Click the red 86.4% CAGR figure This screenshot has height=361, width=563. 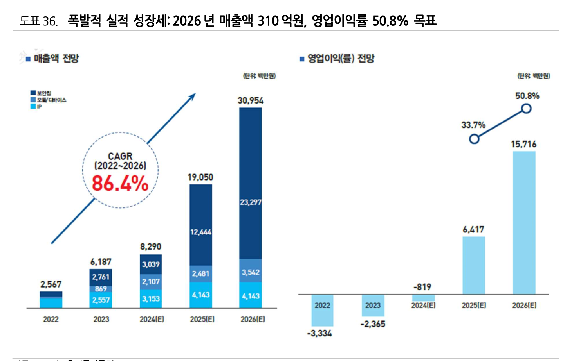point(120,183)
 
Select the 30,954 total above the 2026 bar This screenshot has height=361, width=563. point(251,100)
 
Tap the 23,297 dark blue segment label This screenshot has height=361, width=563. point(251,202)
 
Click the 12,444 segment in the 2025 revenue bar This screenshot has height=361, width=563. point(201,232)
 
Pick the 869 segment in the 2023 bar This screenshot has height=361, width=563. point(101,289)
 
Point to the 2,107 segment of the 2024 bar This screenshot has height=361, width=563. point(151,282)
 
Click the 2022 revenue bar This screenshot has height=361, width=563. point(51,300)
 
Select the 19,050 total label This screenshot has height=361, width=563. point(200,177)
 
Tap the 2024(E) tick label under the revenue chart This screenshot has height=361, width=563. point(152,319)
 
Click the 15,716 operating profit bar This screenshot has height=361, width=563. point(524,223)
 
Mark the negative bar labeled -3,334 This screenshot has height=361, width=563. point(322,310)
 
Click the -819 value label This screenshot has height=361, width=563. point(422,287)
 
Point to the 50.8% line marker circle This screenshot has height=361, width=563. point(526,108)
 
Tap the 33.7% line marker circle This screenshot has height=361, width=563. point(474,139)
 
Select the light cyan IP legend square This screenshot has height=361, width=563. point(33,106)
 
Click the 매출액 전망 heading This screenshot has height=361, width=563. point(56,59)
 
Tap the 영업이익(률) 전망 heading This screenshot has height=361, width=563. point(341,59)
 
